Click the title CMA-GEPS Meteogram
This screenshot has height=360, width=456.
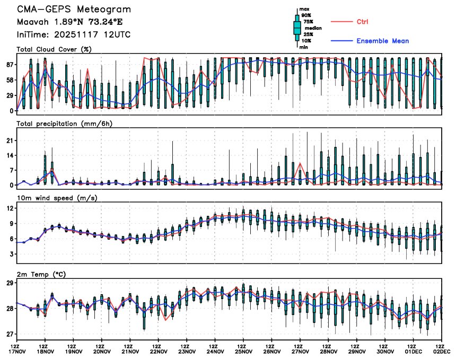pos(74,10)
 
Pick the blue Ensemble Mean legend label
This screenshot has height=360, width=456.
pos(382,41)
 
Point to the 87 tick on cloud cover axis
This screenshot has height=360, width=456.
pos(9,64)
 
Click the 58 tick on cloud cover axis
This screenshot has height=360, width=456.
pos(9,80)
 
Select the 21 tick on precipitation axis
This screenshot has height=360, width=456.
pos(10,141)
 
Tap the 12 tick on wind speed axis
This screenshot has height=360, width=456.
pos(10,208)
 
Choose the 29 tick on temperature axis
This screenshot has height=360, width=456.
pos(10,283)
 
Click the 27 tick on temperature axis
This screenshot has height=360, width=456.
pos(10,334)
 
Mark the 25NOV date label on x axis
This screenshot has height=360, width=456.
pos(244,350)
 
